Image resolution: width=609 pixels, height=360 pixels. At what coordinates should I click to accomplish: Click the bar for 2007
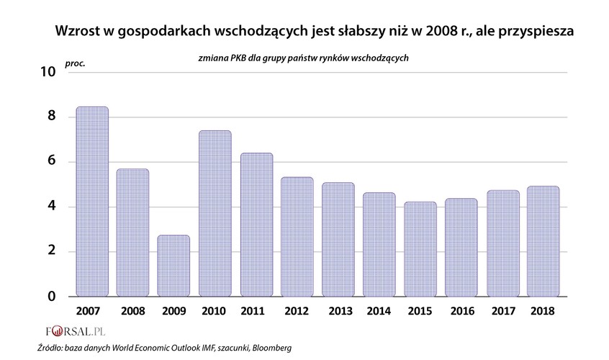click(92, 202)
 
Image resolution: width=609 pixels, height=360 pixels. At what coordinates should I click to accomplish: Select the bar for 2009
click(173, 266)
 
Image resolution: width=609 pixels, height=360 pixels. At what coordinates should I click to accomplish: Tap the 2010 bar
click(215, 213)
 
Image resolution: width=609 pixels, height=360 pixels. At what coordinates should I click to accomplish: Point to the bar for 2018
click(543, 241)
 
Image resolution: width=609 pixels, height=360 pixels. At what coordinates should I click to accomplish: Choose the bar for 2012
click(297, 237)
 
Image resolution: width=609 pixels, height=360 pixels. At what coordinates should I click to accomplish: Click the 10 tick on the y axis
click(48, 72)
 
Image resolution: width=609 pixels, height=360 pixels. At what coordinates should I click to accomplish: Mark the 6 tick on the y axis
click(51, 162)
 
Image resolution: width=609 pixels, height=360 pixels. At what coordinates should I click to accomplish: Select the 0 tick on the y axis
click(51, 297)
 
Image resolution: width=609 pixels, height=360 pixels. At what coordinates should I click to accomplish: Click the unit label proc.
click(75, 63)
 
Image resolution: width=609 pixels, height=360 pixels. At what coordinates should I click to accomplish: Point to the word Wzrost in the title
click(79, 32)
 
